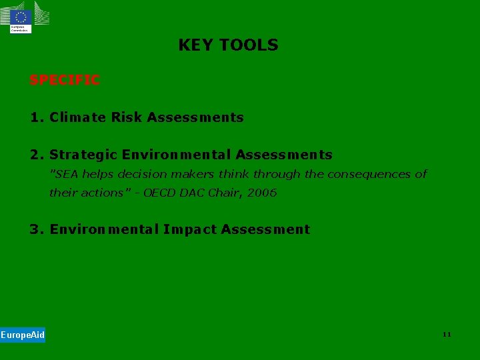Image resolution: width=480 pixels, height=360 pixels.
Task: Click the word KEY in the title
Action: (x=196, y=45)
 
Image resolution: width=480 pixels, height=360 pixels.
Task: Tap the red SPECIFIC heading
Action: (x=64, y=80)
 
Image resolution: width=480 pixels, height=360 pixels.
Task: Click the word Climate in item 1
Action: (x=77, y=117)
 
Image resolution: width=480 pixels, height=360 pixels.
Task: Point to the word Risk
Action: (x=127, y=117)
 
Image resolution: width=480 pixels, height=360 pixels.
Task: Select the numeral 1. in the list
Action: (x=37, y=117)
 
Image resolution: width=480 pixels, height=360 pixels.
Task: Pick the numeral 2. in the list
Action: (x=37, y=155)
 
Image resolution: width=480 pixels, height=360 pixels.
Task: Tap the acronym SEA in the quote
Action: (x=65, y=174)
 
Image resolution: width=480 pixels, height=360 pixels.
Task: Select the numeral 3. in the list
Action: (x=37, y=229)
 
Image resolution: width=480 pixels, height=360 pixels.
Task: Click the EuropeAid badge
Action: (x=23, y=335)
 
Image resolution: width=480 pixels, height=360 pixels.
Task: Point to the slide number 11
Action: (x=447, y=334)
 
